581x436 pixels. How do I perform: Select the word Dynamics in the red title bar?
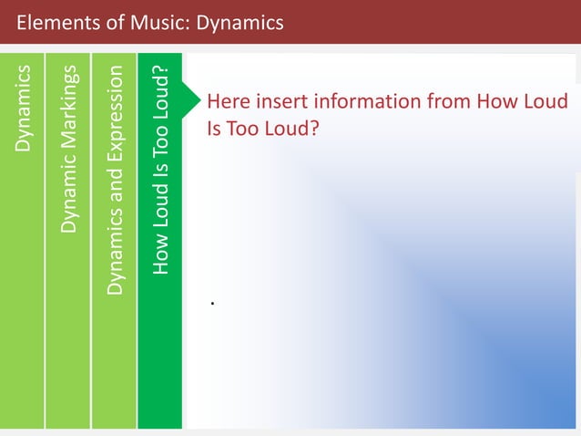point(238,22)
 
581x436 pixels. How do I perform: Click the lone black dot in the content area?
point(211,302)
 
